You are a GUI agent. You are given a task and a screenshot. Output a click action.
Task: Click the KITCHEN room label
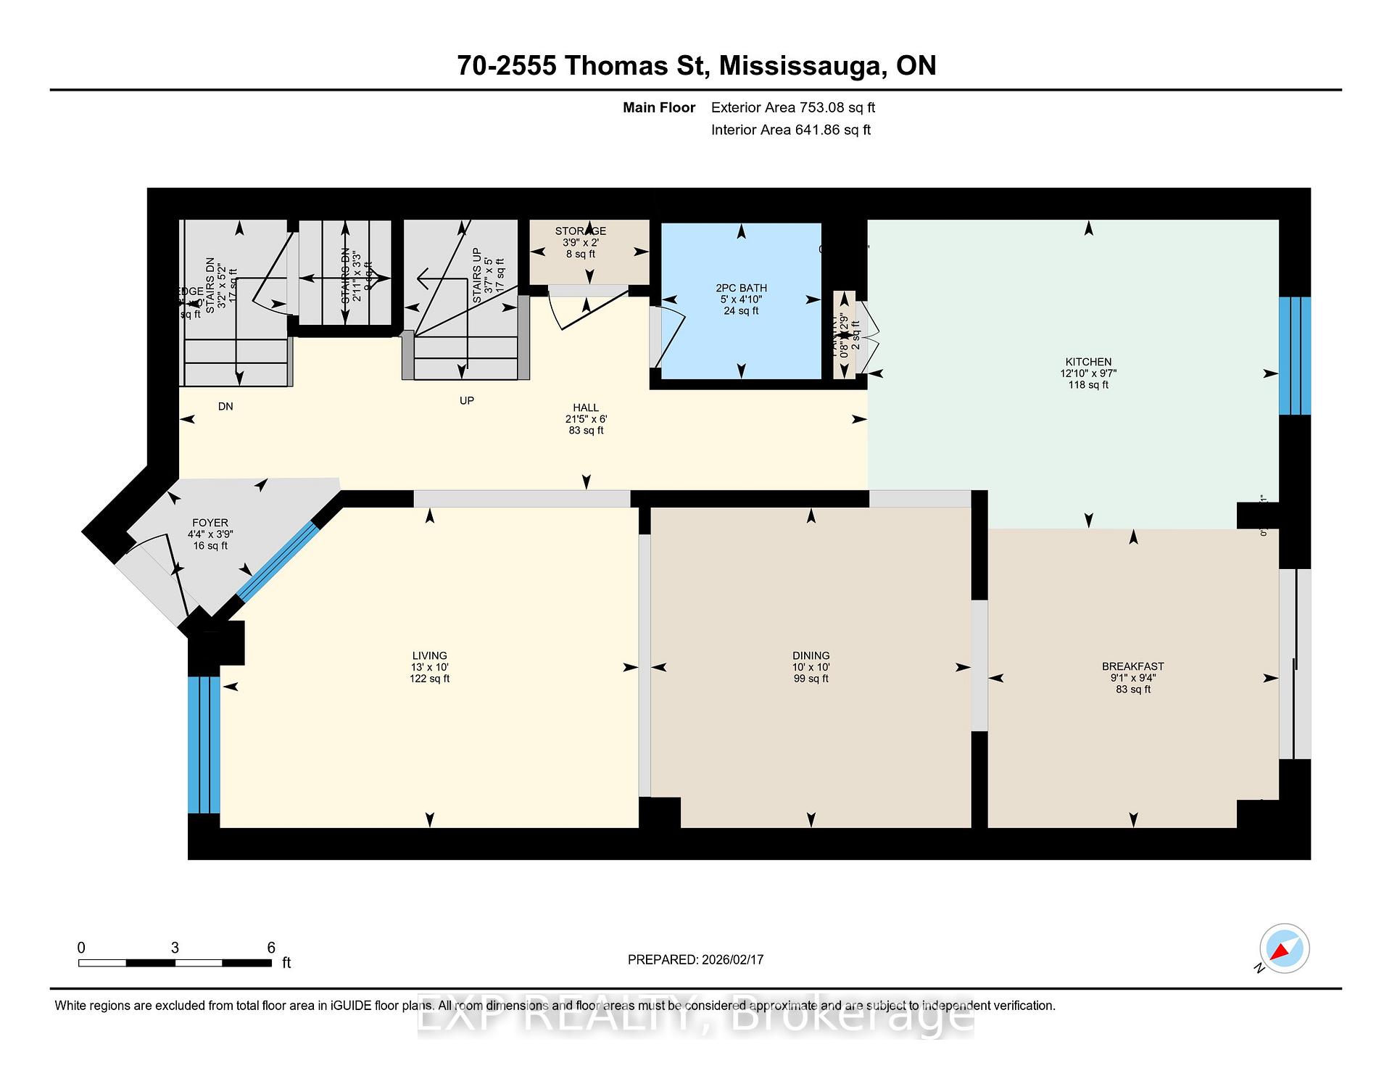tap(1087, 362)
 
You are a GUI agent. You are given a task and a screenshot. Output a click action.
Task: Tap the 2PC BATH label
tap(741, 288)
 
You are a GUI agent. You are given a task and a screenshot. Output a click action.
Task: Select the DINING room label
tap(811, 655)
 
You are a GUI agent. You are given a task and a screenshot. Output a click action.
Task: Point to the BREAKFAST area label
tap(1132, 666)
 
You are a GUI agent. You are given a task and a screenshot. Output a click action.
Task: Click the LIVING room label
tap(429, 655)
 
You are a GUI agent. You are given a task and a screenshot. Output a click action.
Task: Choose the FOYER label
tap(210, 523)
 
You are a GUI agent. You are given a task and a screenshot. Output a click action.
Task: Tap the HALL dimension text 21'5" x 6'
tap(586, 419)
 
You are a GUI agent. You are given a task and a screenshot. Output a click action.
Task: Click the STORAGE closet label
tap(581, 231)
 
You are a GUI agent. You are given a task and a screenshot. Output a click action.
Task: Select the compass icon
tap(1285, 948)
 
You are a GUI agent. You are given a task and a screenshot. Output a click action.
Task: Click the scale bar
tap(175, 963)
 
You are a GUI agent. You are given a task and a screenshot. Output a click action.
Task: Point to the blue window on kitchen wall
tap(1294, 355)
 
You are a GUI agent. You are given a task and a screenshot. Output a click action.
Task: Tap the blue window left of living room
tap(204, 745)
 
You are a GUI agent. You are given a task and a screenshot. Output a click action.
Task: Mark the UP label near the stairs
tap(467, 401)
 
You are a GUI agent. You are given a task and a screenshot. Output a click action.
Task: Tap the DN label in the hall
tap(225, 407)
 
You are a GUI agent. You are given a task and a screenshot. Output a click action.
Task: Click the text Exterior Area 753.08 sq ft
tap(792, 108)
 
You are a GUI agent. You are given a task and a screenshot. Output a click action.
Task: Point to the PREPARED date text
tap(695, 959)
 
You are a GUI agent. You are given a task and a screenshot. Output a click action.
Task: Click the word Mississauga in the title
tap(803, 66)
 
